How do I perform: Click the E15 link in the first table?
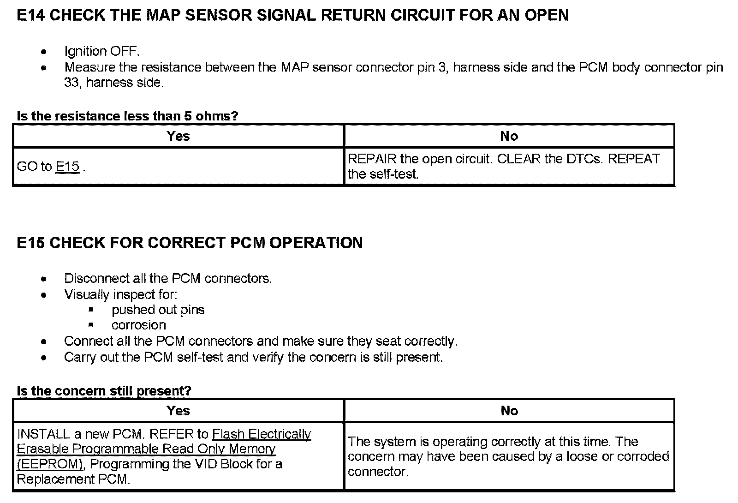67,167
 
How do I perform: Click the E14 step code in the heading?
30,15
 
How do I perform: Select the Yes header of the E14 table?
178,136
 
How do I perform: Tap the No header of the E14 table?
509,136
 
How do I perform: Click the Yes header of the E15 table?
178,411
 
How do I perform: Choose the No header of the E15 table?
509,411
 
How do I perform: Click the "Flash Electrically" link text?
262,434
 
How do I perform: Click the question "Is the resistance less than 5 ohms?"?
127,116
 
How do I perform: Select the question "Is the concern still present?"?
104,391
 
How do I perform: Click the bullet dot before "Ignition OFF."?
44,52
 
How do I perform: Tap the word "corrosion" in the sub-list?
138,325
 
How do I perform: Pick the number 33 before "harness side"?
71,83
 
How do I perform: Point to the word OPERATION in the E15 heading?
316,243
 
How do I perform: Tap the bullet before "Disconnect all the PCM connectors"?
44,279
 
